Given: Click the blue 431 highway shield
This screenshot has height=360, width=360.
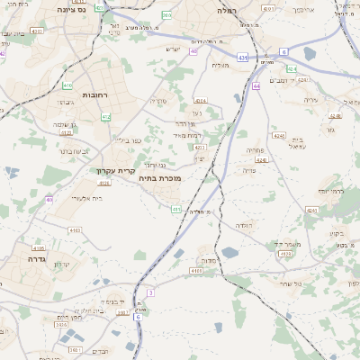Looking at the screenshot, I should tap(242, 57).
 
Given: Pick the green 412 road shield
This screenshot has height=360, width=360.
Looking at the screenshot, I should tap(106, 116).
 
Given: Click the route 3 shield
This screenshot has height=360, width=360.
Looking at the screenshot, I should tap(150, 292).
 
